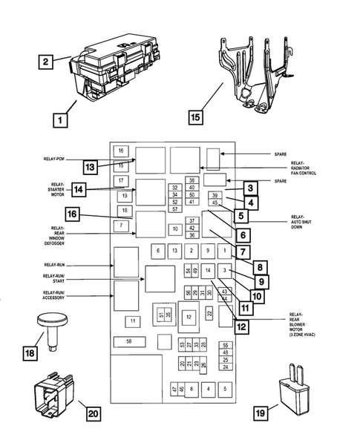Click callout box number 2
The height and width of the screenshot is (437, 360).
(x=47, y=62)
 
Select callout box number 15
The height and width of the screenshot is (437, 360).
(x=194, y=117)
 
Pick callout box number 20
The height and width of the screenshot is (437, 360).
(x=93, y=413)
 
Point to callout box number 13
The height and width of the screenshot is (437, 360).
(x=90, y=167)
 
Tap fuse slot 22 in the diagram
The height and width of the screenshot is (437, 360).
(x=210, y=315)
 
